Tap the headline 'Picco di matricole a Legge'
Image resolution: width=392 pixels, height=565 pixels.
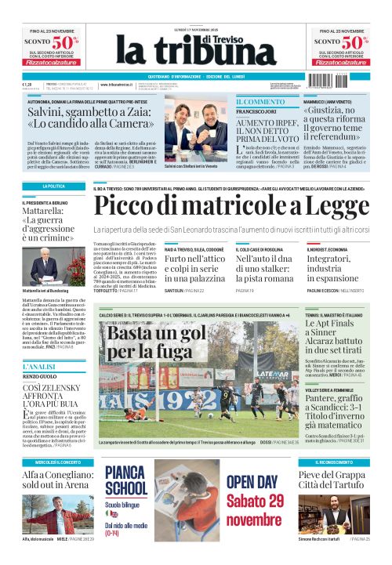point(230,205)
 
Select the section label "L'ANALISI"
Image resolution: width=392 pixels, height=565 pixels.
point(38,367)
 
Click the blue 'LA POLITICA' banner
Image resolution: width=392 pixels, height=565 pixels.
point(53,187)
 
